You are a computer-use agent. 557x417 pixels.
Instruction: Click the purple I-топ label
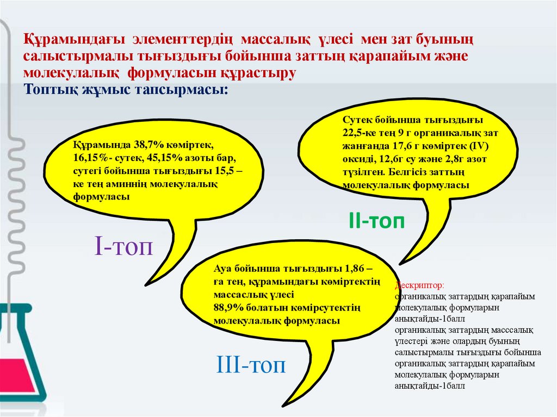point(123,247)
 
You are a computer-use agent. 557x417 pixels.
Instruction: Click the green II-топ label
point(376,221)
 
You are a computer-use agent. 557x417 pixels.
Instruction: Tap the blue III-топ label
point(251,364)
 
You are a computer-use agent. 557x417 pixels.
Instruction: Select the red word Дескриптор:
point(419,285)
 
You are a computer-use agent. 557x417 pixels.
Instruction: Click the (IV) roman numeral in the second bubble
point(481,146)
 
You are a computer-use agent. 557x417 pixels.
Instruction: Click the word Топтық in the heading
point(48,89)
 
